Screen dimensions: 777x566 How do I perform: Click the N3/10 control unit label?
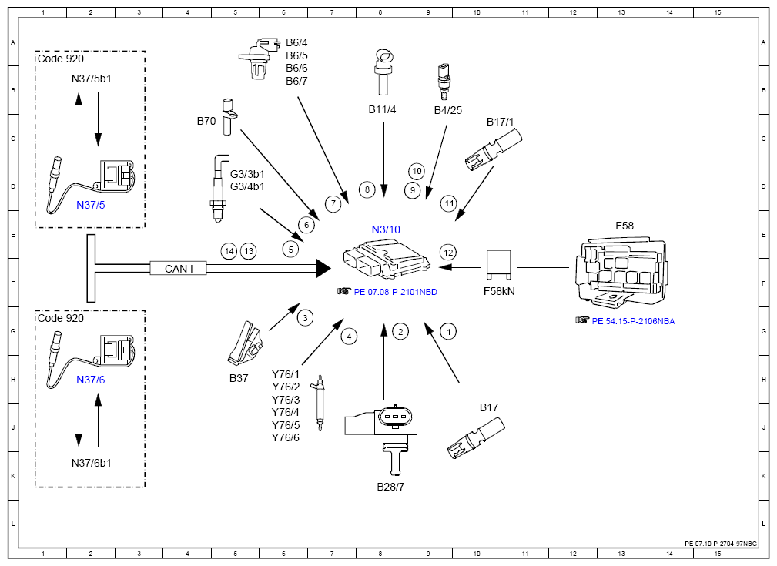386,229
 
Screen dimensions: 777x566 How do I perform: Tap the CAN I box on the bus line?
179,268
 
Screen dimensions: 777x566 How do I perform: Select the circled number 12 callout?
448,253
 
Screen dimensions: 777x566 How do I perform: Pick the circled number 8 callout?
367,189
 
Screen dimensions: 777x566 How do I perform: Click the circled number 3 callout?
305,318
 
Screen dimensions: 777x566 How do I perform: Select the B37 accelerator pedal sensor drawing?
246,343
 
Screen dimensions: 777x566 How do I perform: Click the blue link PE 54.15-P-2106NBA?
633,321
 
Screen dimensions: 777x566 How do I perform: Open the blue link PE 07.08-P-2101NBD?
396,292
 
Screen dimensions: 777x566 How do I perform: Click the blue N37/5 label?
91,205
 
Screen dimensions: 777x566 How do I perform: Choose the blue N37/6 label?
91,380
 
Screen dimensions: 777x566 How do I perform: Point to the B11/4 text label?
382,109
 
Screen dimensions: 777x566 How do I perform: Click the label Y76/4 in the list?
286,412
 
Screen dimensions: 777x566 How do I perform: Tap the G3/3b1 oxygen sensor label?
247,174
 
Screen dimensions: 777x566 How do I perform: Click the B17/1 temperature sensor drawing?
494,150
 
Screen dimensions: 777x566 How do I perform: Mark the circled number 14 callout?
229,251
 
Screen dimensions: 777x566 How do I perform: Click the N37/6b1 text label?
91,463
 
